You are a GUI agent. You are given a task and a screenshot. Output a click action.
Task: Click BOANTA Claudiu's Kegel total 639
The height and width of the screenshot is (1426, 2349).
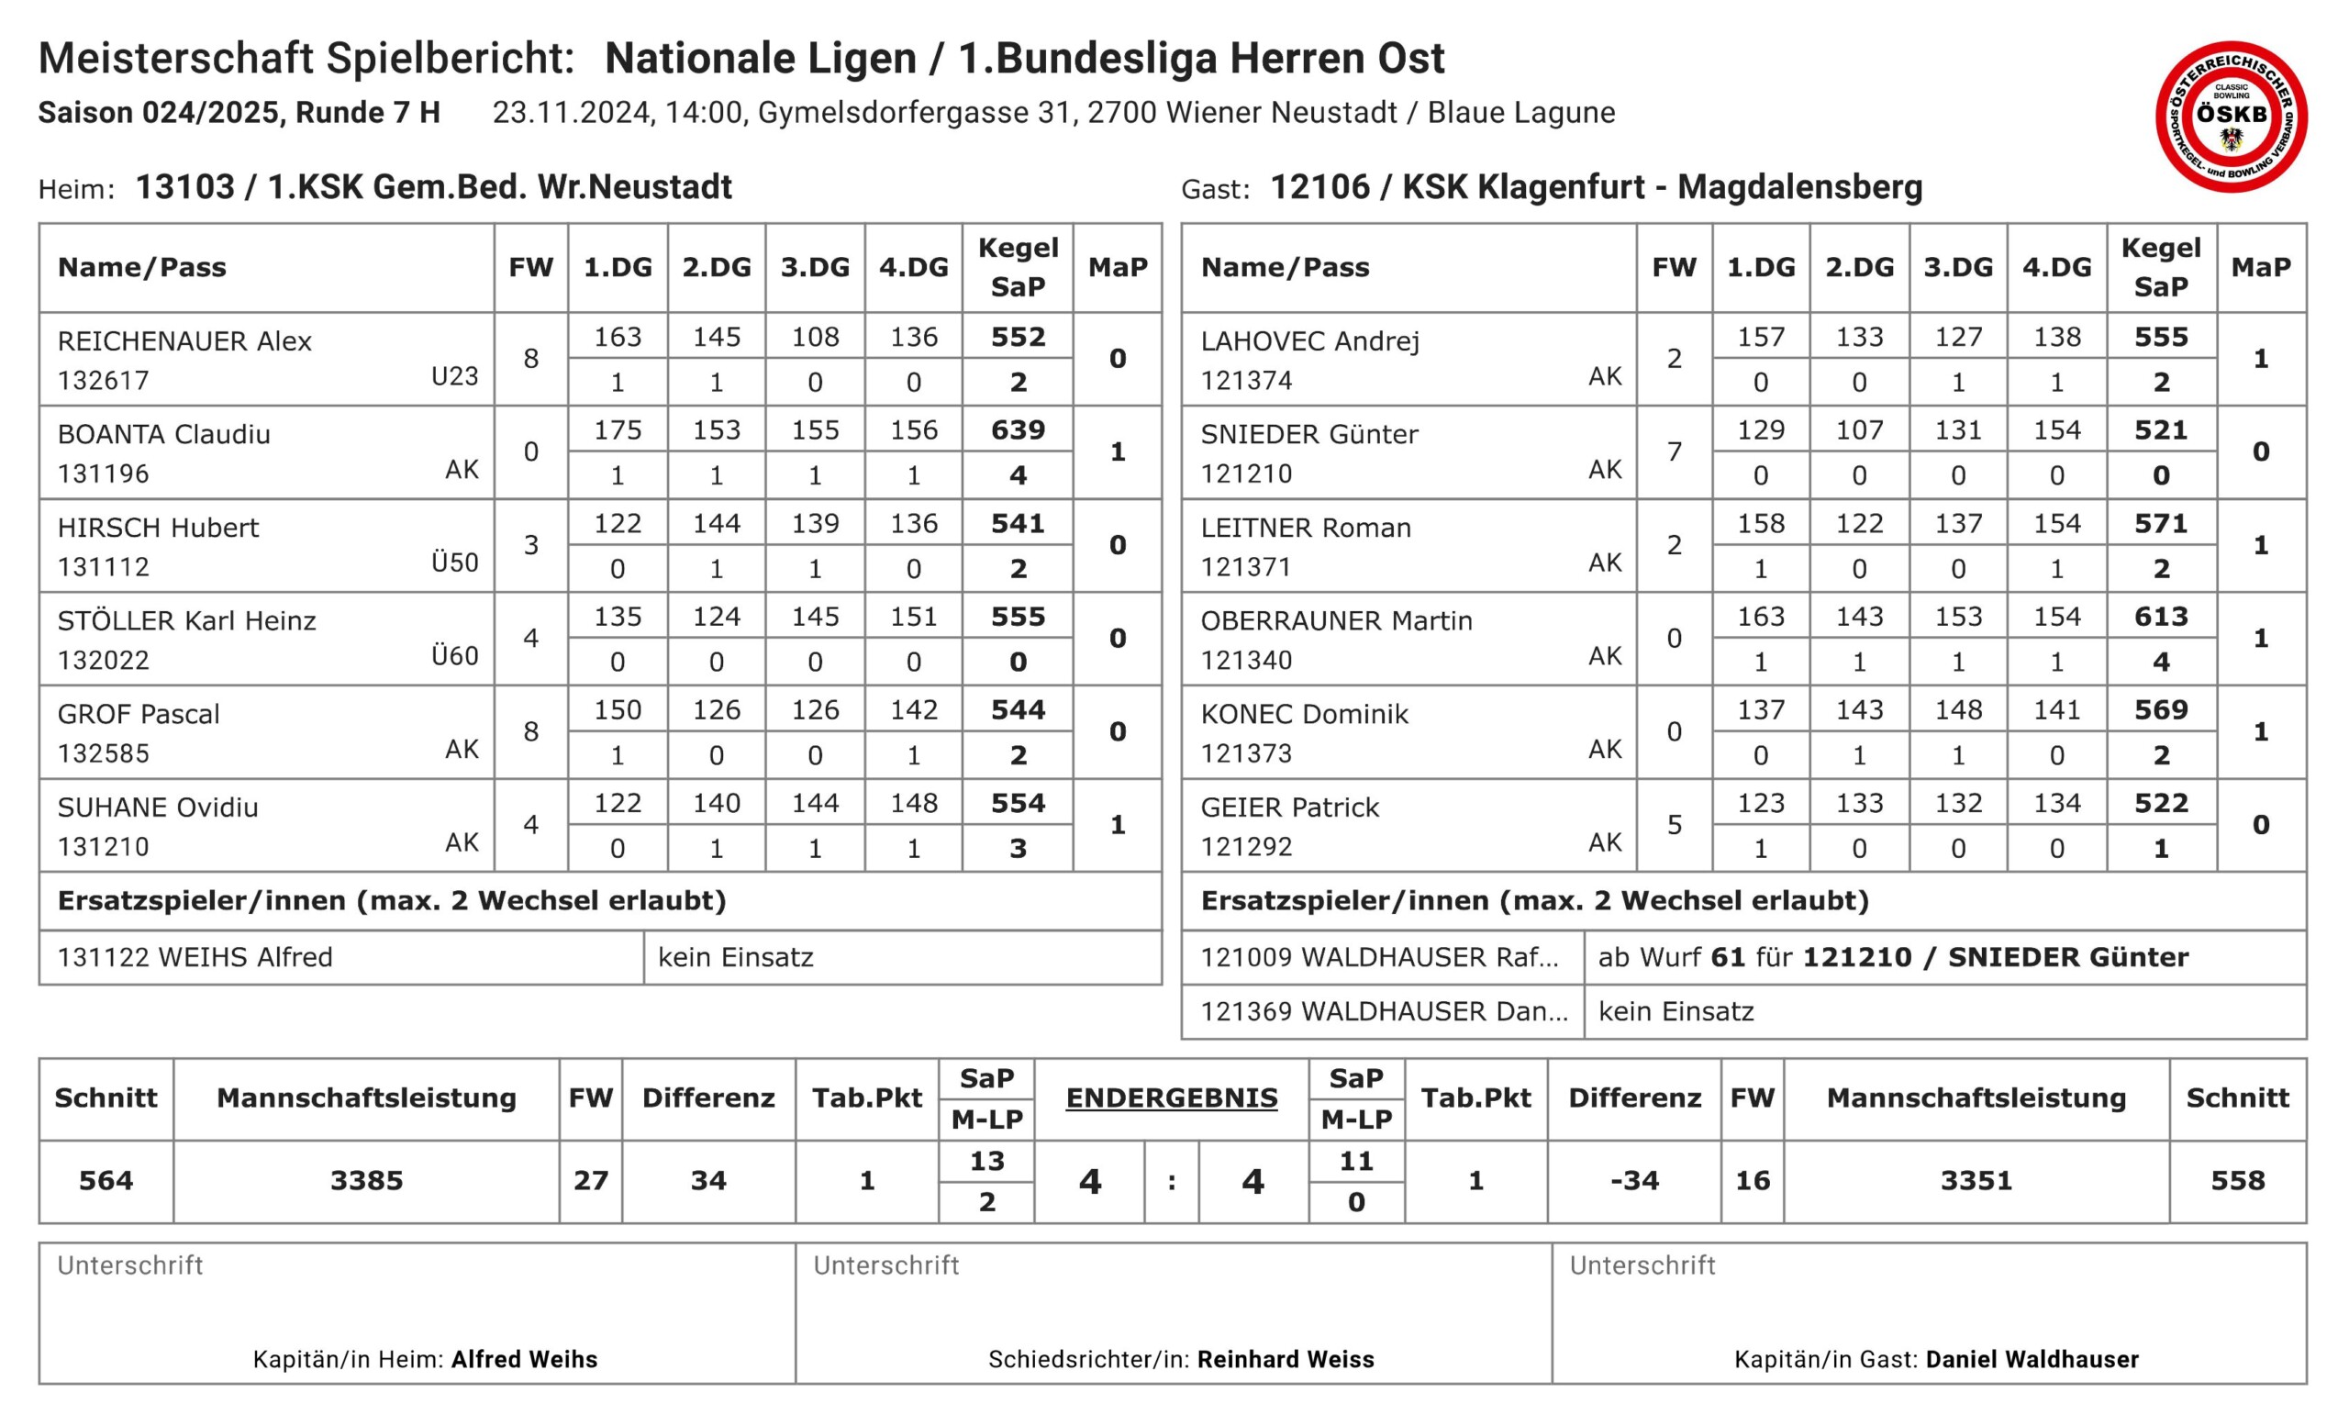1018,429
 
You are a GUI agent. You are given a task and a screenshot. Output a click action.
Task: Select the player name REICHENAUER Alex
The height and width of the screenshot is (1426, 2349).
184,341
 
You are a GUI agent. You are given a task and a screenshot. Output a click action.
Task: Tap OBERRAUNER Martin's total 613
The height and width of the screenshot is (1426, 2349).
2160,617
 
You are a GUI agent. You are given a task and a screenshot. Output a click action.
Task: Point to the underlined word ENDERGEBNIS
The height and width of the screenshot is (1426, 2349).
1171,1097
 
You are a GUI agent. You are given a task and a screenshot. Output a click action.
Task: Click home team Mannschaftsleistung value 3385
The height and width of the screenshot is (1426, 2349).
366,1181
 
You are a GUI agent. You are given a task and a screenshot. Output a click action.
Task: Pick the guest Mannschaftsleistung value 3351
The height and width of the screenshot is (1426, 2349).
1976,1181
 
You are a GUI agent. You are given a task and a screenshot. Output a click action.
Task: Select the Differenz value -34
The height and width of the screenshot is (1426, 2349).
1634,1181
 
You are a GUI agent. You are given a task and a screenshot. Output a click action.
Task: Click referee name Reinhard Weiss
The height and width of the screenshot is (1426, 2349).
1286,1359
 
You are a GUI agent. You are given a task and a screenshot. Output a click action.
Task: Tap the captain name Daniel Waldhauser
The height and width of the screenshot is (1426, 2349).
2032,1359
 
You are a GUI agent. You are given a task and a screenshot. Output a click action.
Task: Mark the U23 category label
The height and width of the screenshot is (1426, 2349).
454,376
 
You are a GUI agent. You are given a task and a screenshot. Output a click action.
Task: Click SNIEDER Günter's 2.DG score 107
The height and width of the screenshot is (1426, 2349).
1859,429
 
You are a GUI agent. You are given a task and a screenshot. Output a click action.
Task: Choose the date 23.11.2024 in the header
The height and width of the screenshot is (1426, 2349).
571,113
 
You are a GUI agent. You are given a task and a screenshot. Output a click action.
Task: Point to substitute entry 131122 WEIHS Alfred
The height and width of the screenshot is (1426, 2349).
195,957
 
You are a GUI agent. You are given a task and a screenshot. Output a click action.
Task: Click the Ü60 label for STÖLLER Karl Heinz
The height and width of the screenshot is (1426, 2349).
454,656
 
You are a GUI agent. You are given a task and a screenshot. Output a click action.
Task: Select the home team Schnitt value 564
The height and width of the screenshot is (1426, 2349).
106,1181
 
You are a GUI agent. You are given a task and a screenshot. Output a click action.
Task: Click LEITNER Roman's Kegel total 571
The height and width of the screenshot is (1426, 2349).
2160,523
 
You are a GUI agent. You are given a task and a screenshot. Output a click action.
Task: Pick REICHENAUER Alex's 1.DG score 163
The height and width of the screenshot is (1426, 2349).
617,337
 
